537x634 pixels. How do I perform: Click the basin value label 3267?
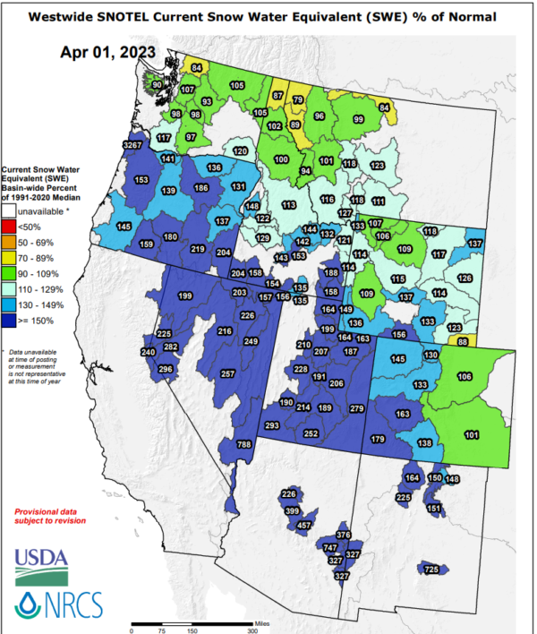tap(132, 145)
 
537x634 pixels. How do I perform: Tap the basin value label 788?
tap(243, 445)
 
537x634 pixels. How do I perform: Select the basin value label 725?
tap(431, 570)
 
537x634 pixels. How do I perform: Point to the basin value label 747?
tap(330, 547)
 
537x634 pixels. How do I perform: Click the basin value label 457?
tap(305, 525)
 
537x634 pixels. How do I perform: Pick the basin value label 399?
tap(292, 510)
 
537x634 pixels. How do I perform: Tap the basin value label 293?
tap(272, 425)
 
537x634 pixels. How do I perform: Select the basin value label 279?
tap(357, 409)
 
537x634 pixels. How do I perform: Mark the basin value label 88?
tap(463, 342)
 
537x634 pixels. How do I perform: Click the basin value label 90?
tap(156, 84)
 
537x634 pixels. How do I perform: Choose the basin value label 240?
tap(149, 353)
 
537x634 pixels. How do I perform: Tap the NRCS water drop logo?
tap(30, 604)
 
